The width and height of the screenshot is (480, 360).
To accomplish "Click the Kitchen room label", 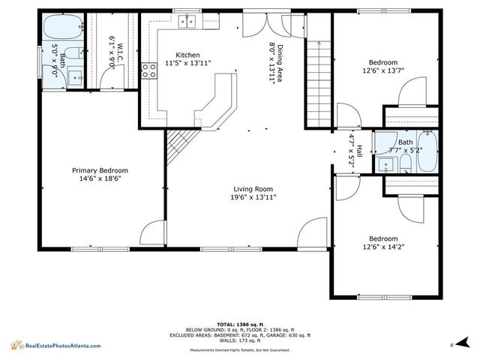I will coord(187,55).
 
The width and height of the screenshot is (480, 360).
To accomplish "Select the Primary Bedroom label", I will coord(99,170).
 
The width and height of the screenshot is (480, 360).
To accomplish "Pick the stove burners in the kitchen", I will coord(148,70).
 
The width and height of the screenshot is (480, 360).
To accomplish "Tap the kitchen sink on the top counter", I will coord(187,21).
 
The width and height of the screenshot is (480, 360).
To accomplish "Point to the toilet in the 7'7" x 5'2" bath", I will coord(406,162).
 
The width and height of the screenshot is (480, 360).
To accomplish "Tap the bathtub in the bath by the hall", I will coord(428,153).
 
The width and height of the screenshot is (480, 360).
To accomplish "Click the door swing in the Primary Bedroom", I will coord(153,232).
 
